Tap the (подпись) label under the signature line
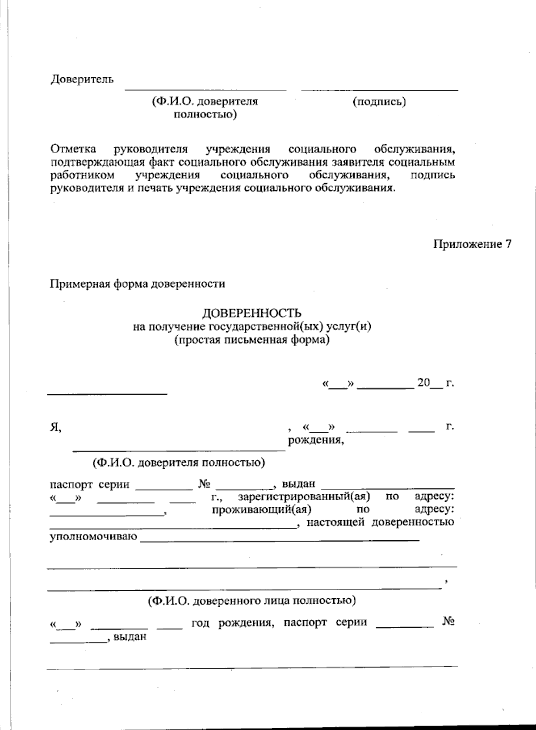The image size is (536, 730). pos(379,102)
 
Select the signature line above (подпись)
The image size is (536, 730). pos(379,90)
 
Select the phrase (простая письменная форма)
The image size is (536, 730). pos(252,340)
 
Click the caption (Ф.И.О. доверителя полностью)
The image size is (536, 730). pos(179,463)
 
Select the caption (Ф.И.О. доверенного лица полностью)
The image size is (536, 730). pos(252,601)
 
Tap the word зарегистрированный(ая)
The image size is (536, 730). pos(304,496)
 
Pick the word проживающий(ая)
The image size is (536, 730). pos(262,509)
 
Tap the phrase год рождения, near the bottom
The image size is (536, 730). pos(232,622)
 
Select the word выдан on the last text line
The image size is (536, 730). pos(130,637)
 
